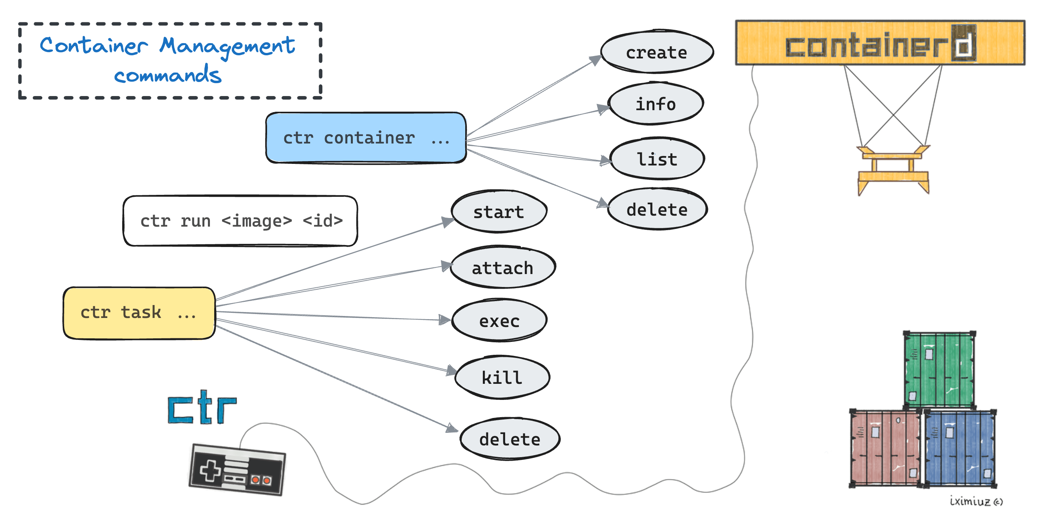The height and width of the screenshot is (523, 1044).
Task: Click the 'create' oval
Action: (x=657, y=52)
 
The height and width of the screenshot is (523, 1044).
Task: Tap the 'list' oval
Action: (x=657, y=159)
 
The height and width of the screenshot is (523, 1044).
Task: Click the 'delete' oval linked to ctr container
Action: (x=657, y=209)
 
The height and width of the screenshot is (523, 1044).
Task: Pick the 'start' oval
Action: (x=499, y=212)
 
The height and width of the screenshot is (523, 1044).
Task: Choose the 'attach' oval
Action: (x=502, y=267)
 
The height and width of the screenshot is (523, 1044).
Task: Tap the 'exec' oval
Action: (x=499, y=321)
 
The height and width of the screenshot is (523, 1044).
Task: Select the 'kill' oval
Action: (x=502, y=377)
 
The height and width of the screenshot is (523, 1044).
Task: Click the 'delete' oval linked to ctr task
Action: (x=510, y=439)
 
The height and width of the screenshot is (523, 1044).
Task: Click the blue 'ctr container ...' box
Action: (x=366, y=138)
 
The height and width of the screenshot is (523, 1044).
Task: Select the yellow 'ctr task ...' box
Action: (x=139, y=312)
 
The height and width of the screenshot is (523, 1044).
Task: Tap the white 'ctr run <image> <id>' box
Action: (x=240, y=221)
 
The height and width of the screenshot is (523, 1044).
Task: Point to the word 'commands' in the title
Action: (x=168, y=75)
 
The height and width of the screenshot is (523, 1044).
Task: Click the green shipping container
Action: (x=939, y=369)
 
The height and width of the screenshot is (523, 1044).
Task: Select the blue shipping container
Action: (x=960, y=448)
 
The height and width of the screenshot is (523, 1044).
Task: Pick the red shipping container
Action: (x=885, y=448)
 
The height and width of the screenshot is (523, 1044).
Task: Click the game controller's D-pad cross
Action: (x=210, y=470)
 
